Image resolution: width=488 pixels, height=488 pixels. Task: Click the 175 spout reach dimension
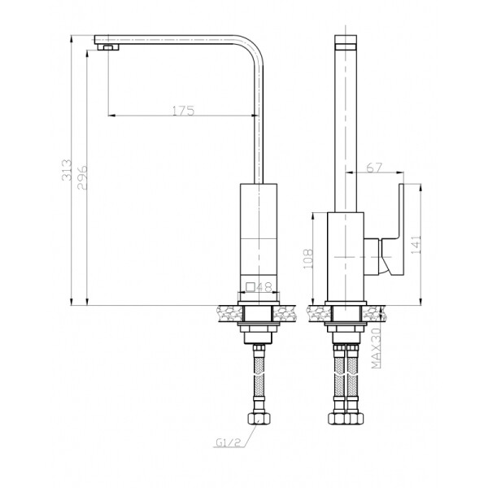click(x=183, y=111)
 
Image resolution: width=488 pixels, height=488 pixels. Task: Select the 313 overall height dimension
click(x=67, y=170)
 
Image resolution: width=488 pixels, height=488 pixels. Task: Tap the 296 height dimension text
click(x=82, y=177)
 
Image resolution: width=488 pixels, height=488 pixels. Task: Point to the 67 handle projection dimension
click(x=374, y=168)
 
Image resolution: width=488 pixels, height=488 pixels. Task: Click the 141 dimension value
click(x=416, y=244)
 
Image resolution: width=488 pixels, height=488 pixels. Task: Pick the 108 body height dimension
click(x=307, y=259)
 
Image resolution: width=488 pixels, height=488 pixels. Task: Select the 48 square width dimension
click(x=264, y=287)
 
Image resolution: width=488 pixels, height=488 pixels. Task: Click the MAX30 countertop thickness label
click(x=377, y=348)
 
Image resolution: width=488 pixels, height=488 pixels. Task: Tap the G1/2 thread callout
click(x=229, y=442)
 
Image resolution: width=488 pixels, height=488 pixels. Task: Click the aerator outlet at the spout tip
click(x=108, y=47)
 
